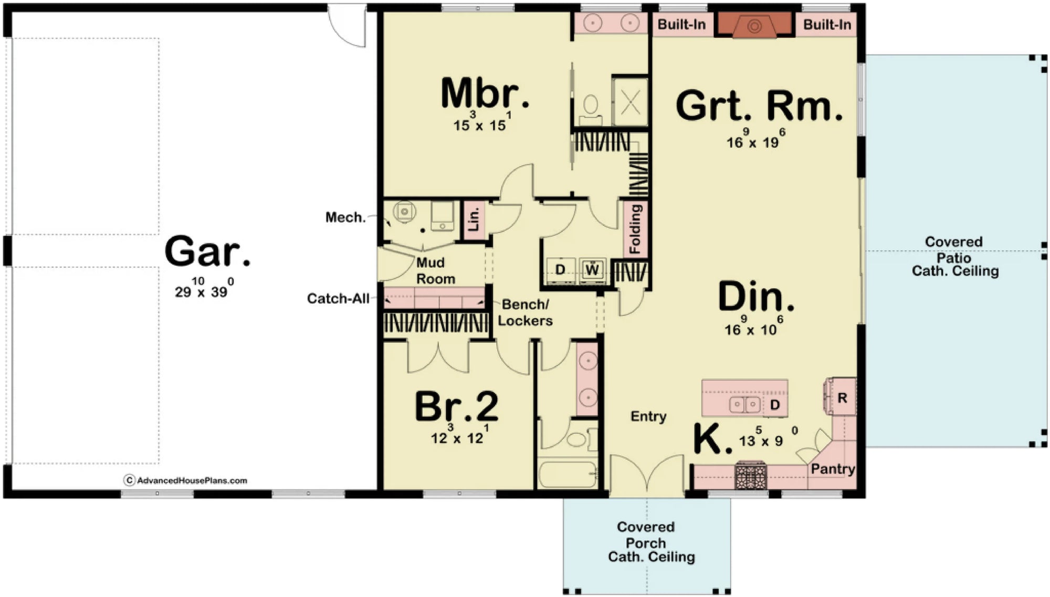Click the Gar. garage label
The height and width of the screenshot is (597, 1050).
click(207, 253)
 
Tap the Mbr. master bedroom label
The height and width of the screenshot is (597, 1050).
click(484, 94)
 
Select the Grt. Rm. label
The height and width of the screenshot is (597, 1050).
click(759, 107)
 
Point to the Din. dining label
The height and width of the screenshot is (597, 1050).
click(756, 297)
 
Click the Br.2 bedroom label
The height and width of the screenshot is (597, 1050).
click(457, 407)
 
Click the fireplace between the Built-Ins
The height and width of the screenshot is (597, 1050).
click(754, 25)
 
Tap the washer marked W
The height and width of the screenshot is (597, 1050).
click(592, 270)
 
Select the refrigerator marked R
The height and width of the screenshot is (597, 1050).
click(842, 397)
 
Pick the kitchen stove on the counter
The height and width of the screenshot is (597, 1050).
click(751, 476)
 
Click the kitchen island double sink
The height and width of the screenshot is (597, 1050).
click(745, 404)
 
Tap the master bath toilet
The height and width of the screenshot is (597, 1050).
click(591, 105)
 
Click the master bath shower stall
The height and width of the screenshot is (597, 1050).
click(631, 102)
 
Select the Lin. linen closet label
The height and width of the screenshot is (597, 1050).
click(474, 219)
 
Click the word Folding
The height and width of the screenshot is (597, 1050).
click(635, 229)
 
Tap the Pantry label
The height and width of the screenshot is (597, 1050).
click(833, 468)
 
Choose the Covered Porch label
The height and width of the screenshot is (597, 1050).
click(646, 541)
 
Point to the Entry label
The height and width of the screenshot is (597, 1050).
click(648, 416)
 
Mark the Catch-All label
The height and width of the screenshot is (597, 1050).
click(338, 299)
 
